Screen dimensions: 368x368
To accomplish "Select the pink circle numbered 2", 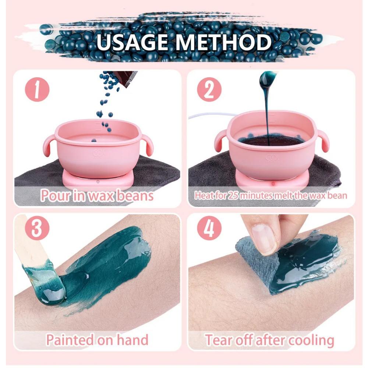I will tap(209, 90).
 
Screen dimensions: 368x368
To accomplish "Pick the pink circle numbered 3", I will tap(36, 229).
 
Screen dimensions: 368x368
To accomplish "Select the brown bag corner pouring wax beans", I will tap(125, 78).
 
